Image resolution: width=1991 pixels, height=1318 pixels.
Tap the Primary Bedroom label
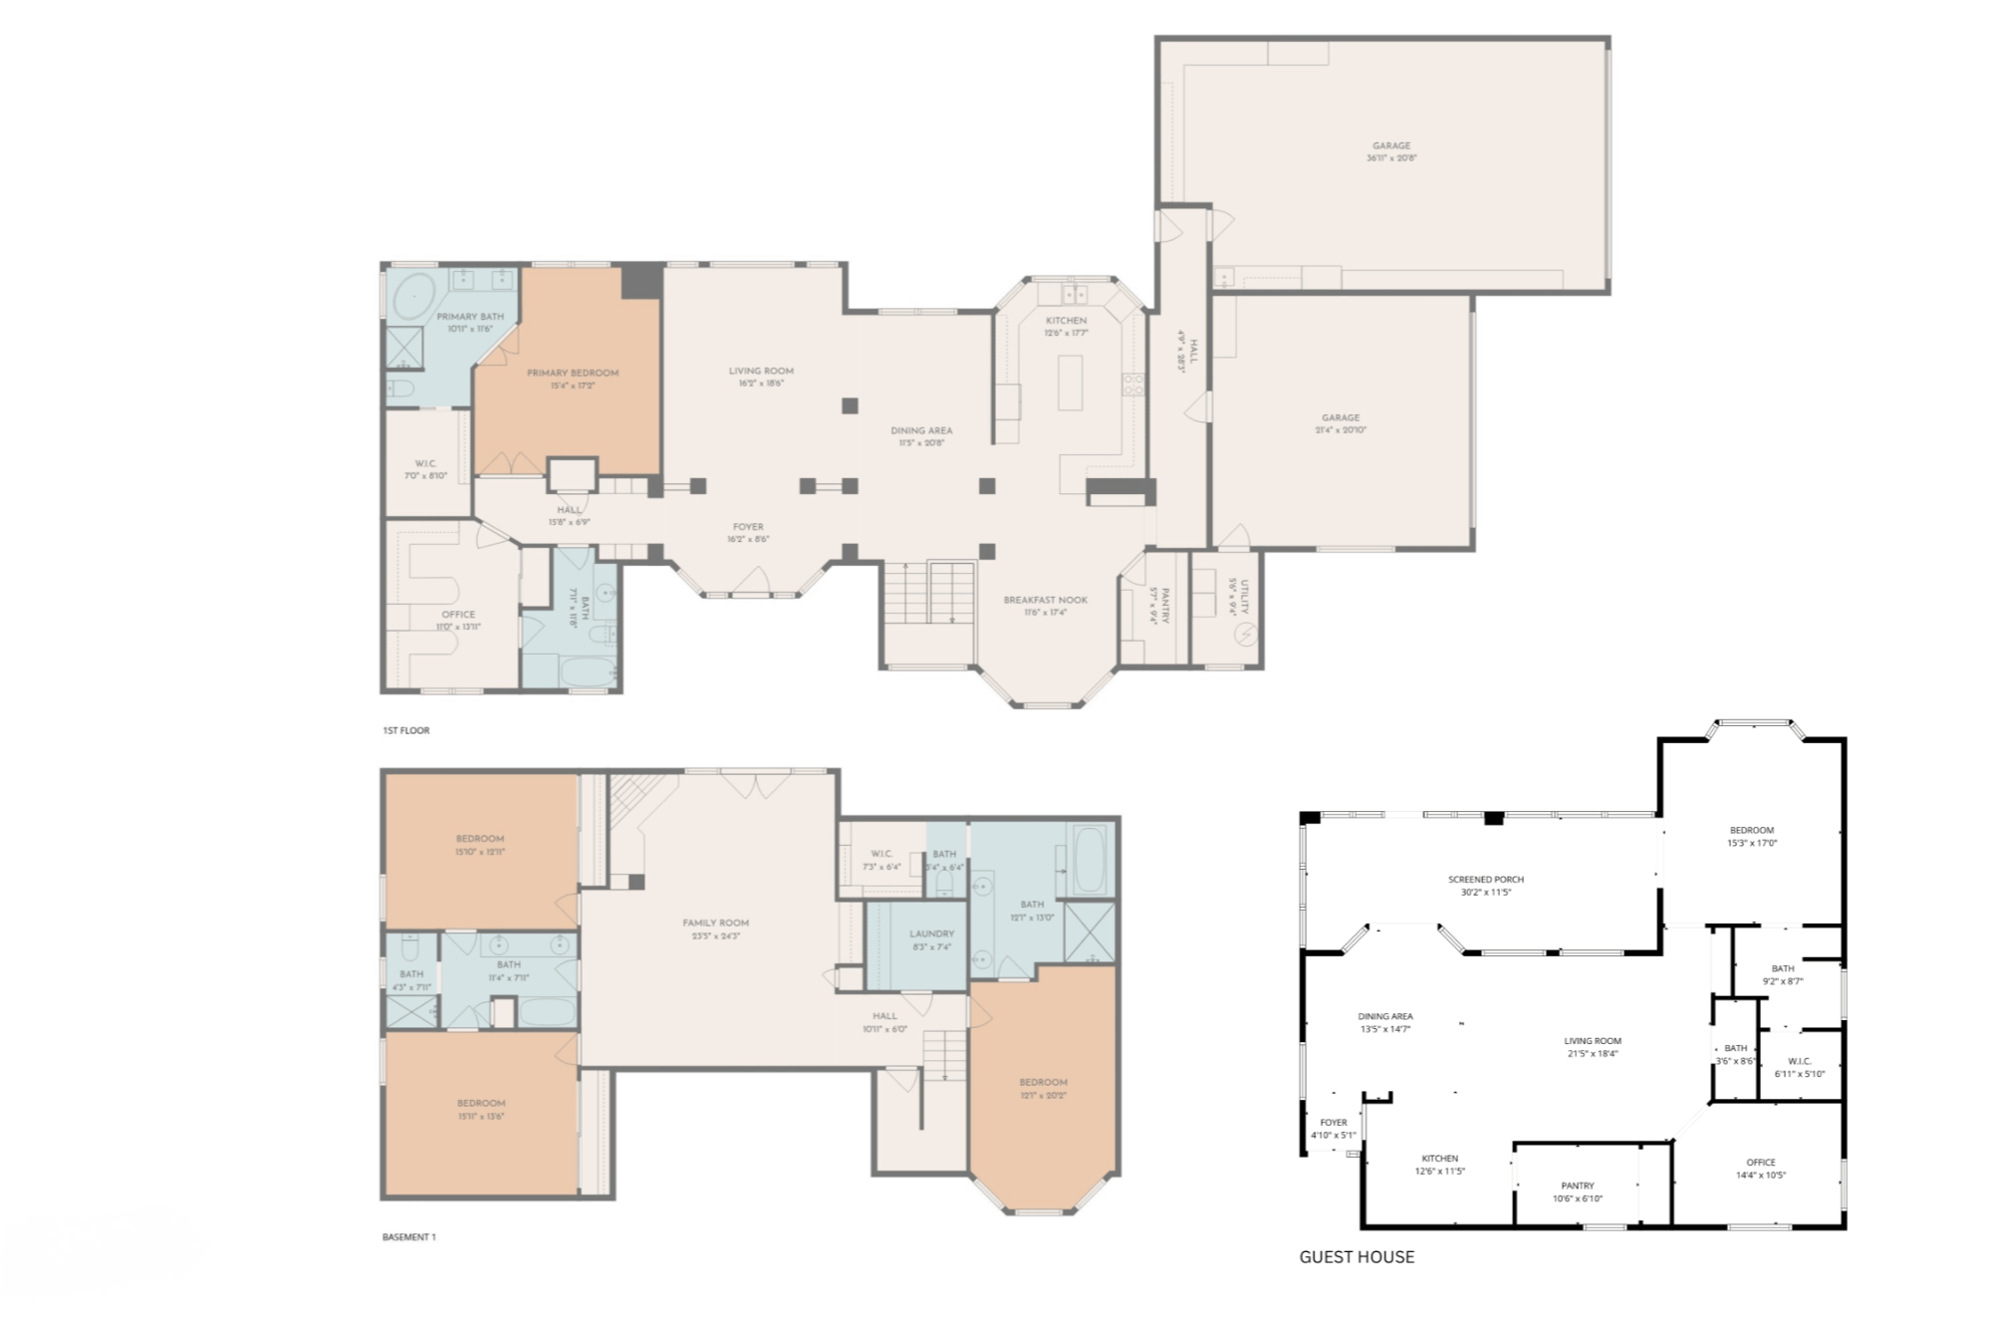point(573,374)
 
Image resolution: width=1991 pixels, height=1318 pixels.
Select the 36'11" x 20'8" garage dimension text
point(1391,158)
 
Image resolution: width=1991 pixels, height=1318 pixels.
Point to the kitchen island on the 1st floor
point(1070,382)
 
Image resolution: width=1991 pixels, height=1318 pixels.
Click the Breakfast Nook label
point(1045,600)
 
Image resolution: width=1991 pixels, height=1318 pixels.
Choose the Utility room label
point(1244,596)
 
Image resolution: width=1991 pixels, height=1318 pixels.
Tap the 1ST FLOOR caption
point(406,730)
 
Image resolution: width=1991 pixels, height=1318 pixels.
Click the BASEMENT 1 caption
point(409,1237)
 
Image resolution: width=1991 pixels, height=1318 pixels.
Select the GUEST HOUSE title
point(1357,1257)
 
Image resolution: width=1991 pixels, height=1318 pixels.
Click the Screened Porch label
point(1485,880)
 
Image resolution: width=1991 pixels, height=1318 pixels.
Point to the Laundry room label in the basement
point(931,934)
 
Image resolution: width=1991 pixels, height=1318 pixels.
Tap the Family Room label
point(715,923)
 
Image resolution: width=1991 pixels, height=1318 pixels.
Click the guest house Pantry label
point(1577,1186)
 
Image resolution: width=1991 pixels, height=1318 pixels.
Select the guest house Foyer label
point(1333,1123)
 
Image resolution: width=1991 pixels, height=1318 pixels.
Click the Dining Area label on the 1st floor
point(921,431)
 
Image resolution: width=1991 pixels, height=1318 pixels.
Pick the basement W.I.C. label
point(881,854)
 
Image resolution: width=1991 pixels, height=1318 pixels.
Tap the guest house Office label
point(1760,1163)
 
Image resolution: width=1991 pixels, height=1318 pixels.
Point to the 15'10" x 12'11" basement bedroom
point(480,845)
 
